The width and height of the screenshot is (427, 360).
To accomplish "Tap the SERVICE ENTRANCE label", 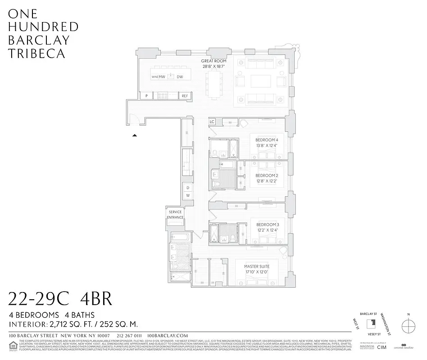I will point(175,215).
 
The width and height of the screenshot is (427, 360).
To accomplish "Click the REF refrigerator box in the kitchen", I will point(185,96).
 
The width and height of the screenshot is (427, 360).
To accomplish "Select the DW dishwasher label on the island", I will point(180,77).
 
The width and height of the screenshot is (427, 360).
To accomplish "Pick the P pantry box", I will point(146,96).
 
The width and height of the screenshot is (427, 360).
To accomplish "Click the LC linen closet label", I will point(212,122).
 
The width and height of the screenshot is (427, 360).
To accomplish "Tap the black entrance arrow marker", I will point(134,135).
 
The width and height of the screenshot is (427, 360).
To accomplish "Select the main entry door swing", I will point(133,119).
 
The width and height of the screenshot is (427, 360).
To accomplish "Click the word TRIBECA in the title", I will point(37,53).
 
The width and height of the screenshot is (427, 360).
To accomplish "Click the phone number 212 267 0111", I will point(129,336).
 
